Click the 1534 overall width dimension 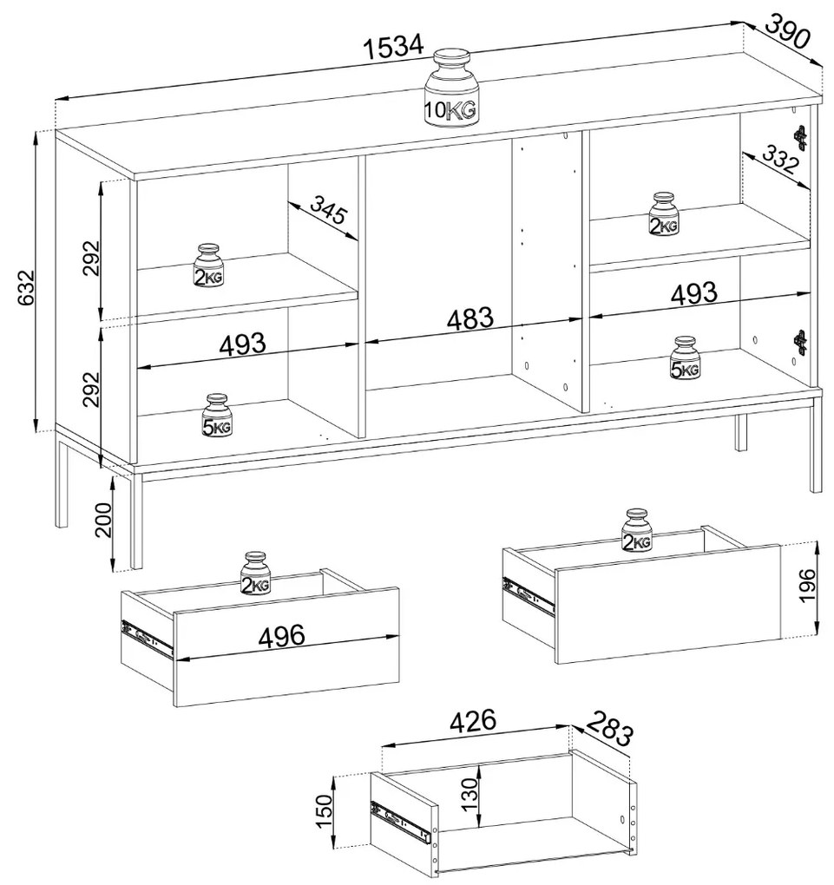pos(393,46)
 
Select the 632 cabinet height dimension pos(26,288)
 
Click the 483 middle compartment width pos(470,319)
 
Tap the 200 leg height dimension pos(104,520)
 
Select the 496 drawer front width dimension pos(281,636)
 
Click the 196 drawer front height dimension pos(808,586)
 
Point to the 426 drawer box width pos(473,721)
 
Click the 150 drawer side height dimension pos(324,810)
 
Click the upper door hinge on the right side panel pos(801,137)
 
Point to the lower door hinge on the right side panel pos(801,342)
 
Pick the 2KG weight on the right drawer pos(637,529)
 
